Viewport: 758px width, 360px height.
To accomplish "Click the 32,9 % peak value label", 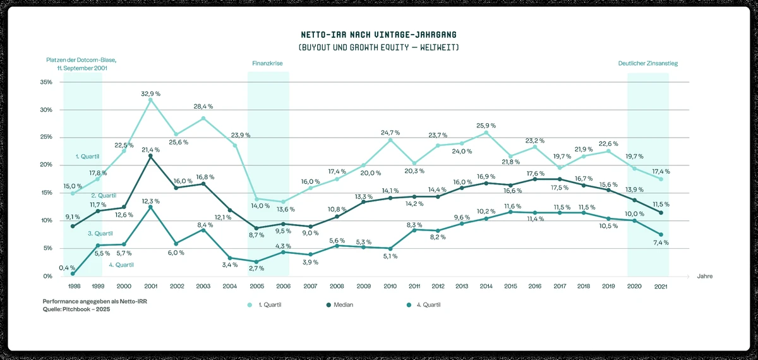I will (150, 93).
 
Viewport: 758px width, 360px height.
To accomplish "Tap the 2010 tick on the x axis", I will (390, 286).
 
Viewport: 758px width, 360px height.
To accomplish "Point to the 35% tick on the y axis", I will (45, 82).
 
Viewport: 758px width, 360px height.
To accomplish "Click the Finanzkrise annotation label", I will (267, 64).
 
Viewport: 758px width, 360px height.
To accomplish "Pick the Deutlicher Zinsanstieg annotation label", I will (647, 64).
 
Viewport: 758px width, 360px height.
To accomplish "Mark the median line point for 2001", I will (150, 156).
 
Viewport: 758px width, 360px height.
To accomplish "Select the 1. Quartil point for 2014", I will (486, 133).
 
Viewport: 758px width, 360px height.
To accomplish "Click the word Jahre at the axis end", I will (705, 276).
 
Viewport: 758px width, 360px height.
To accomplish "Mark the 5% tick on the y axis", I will (47, 248).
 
